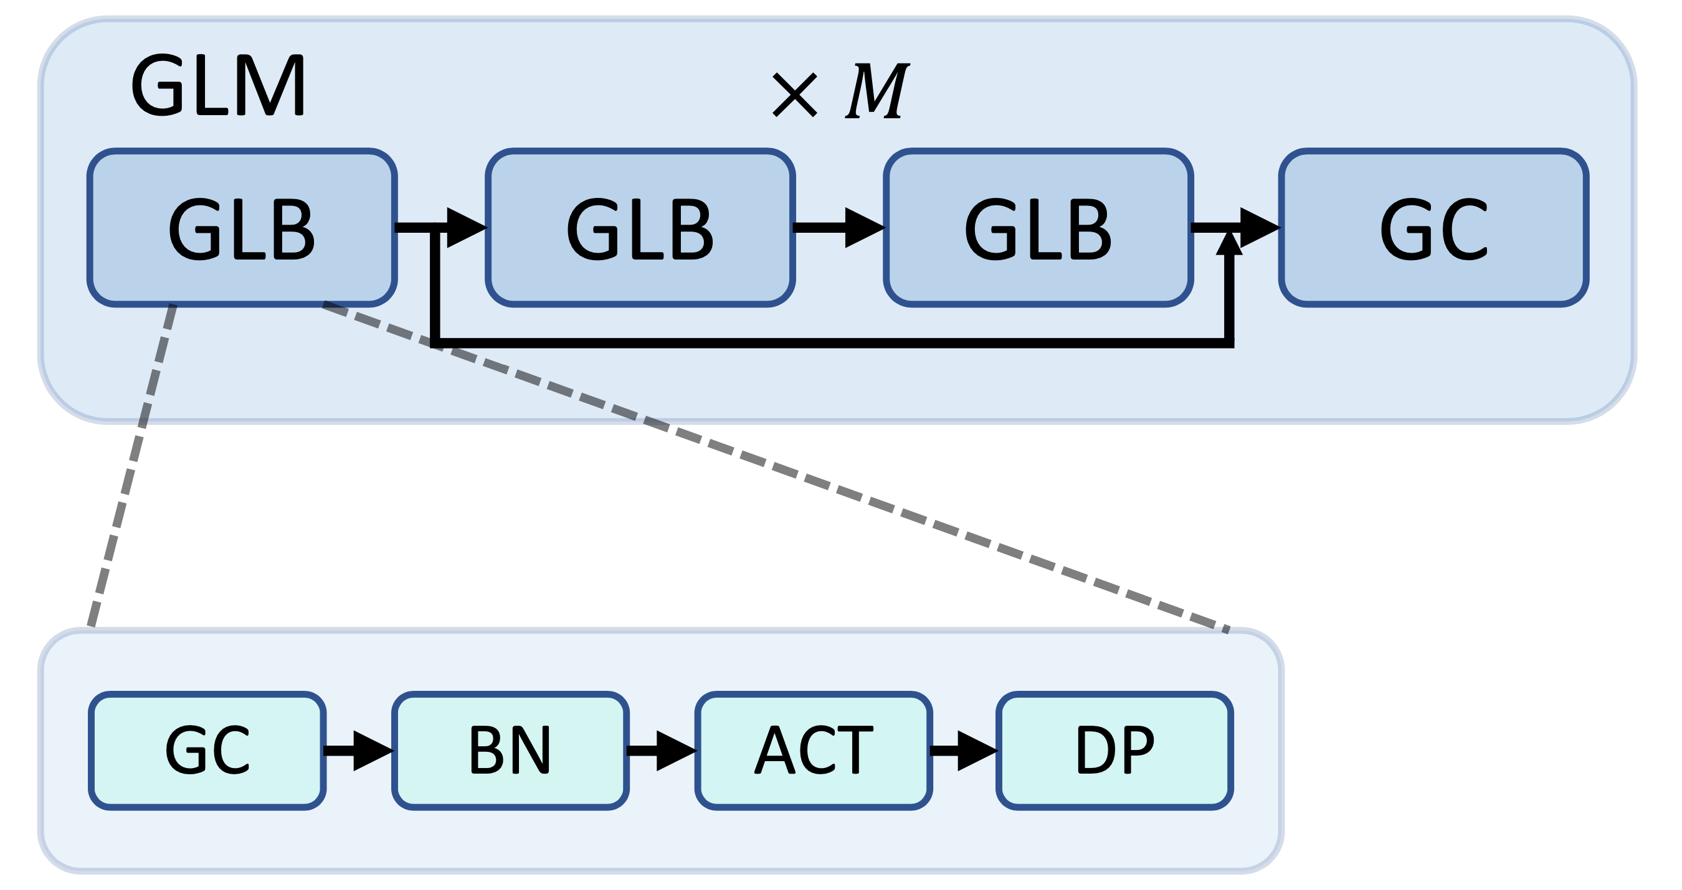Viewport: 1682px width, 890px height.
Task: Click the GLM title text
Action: [218, 86]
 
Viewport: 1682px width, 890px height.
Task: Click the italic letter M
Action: [877, 91]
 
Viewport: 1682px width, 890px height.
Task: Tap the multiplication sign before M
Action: [794, 95]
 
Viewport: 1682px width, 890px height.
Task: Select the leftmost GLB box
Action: [242, 228]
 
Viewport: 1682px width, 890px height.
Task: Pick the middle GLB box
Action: [640, 228]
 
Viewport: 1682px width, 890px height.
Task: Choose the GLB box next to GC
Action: [1038, 228]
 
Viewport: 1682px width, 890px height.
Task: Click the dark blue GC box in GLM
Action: [1434, 228]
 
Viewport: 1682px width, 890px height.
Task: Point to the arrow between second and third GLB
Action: [839, 228]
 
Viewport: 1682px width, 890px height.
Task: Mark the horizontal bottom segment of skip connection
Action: [829, 343]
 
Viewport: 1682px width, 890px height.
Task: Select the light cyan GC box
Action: [207, 751]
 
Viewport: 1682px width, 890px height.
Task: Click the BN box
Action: [510, 751]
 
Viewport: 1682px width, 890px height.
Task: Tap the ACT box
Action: [814, 751]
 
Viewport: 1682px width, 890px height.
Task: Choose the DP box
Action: [1114, 751]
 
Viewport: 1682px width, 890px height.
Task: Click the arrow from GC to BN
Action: [358, 751]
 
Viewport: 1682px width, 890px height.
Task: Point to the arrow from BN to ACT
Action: [662, 751]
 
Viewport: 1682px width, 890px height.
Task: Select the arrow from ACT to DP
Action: [964, 751]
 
